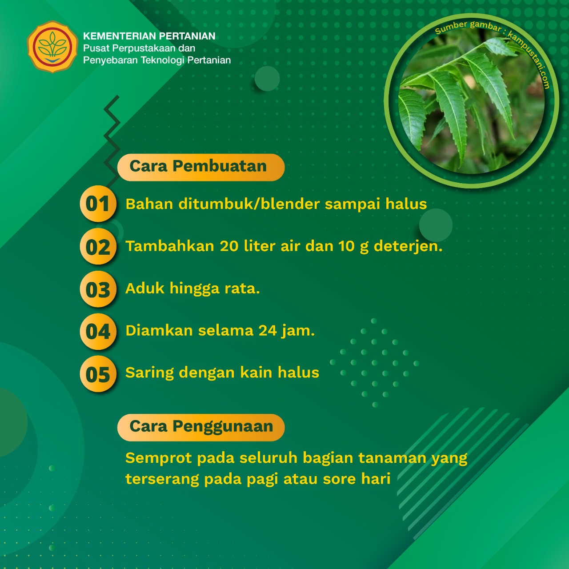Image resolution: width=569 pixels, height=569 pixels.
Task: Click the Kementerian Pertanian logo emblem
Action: coord(52,47)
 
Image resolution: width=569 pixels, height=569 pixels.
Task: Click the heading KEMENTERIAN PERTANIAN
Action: coord(149,36)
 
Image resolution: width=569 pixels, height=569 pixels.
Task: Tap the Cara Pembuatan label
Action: coord(201,167)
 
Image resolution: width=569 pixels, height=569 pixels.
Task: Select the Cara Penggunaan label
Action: coord(201,427)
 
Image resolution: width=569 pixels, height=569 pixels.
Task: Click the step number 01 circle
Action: coord(98,204)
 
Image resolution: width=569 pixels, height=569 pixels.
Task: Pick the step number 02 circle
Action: coord(98,246)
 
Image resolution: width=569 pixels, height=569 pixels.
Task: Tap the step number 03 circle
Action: coord(98,289)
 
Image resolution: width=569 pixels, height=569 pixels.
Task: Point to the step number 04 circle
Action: coord(98,331)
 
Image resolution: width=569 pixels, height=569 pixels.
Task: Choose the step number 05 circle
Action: coord(98,374)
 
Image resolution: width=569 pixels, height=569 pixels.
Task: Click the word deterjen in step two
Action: coord(408,247)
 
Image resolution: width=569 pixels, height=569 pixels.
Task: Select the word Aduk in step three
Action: coord(144,288)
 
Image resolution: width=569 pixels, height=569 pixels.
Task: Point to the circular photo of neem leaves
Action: coord(471,100)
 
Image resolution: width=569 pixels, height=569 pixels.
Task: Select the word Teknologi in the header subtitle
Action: coord(163,60)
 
